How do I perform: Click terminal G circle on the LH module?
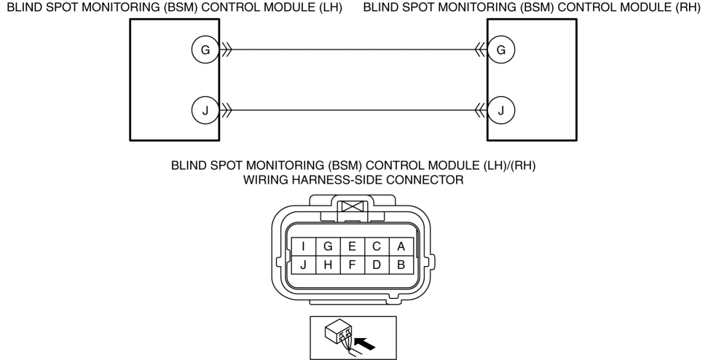tap(205, 50)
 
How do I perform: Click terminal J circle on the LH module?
tap(205, 110)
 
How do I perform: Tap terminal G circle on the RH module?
tap(500, 50)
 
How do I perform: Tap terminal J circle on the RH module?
tap(500, 110)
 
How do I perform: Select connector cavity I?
tap(304, 246)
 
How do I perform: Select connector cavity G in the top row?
tap(328, 246)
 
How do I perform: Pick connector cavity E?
tap(353, 246)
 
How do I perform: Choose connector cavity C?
tap(377, 246)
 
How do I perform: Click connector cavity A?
tap(401, 246)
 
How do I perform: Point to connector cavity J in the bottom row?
tap(304, 265)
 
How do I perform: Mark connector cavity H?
tap(328, 265)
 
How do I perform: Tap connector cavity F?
tap(353, 265)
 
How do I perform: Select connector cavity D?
tap(377, 265)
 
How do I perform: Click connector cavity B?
tap(401, 265)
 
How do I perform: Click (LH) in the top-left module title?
tap(331, 8)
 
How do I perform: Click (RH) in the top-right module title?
tap(688, 8)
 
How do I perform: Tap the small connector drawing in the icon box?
tap(339, 336)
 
